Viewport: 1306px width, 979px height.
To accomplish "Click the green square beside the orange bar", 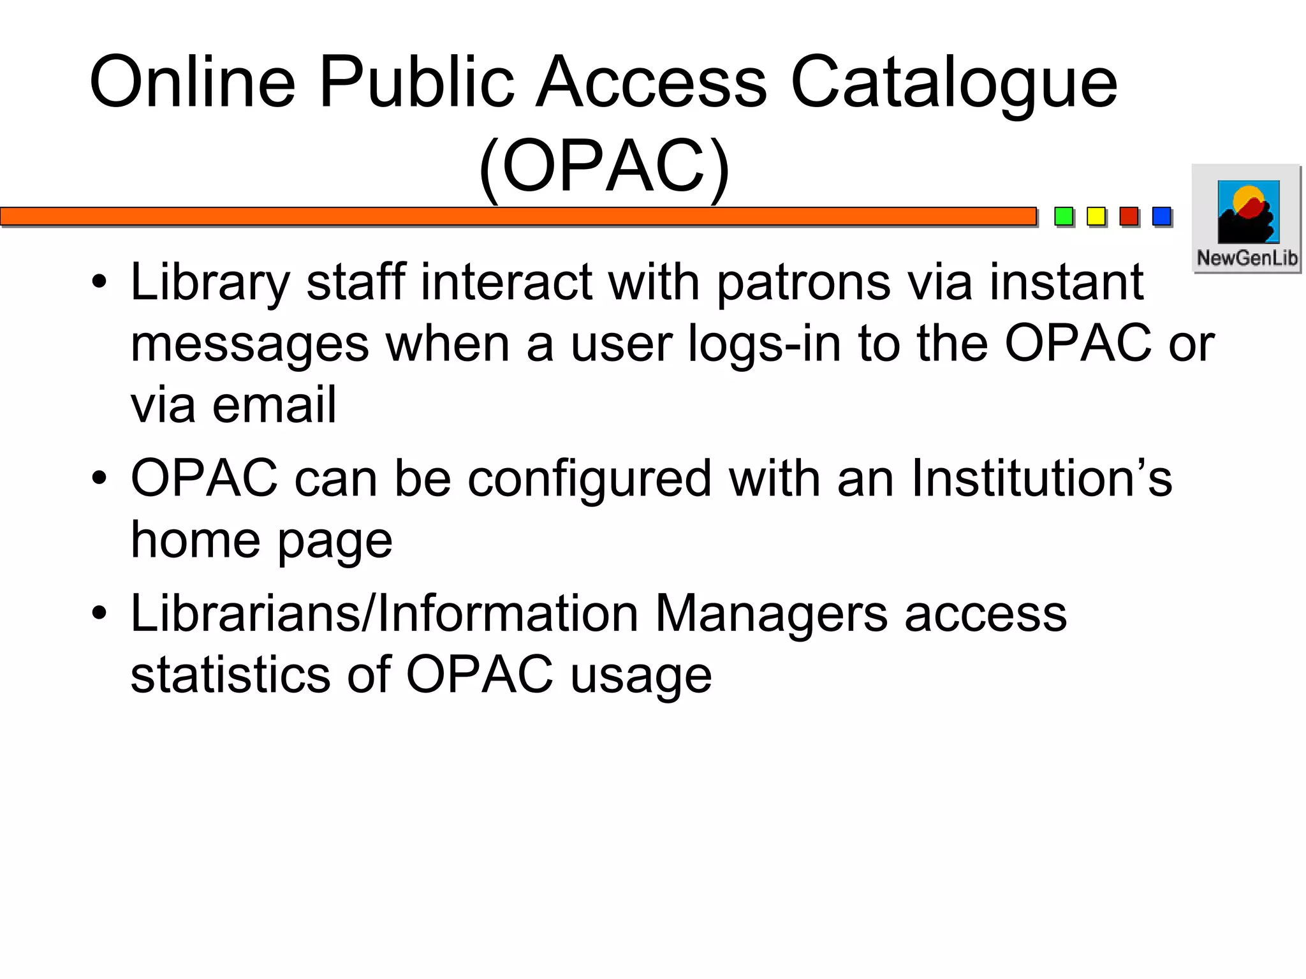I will (1063, 216).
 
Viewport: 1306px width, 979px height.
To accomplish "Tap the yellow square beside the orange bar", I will (1096, 216).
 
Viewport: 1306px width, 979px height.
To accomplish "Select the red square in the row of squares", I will (1129, 216).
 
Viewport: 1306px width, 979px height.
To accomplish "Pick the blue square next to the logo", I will (1161, 216).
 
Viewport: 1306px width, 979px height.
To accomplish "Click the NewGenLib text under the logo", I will (1247, 258).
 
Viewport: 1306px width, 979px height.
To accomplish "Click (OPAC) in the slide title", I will (604, 166).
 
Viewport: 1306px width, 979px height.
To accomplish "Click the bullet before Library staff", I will (99, 282).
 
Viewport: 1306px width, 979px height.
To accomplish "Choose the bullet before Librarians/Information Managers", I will (99, 614).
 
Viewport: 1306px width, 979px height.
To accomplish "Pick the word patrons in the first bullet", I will (803, 283).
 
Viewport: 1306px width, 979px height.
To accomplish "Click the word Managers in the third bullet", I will (771, 614).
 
